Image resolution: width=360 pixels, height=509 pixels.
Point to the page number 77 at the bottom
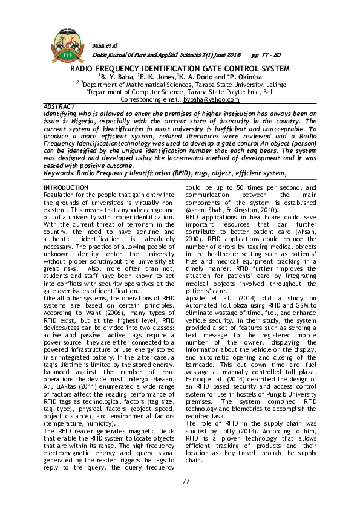pos(180,480)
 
